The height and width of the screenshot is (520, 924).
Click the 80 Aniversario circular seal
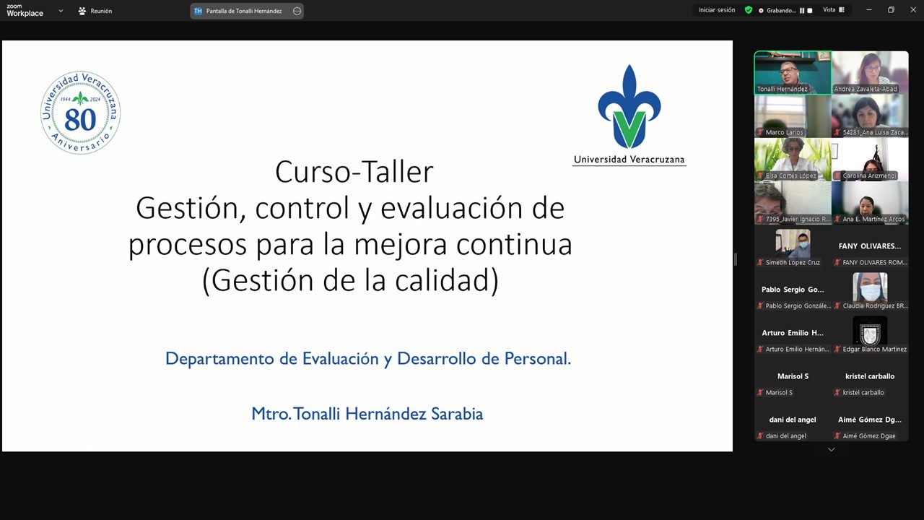80,113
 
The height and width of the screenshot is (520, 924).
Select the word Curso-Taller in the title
354,172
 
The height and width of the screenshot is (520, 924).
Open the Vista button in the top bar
833,10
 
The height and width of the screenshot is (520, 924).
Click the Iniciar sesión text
717,10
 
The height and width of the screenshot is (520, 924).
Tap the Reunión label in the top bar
101,11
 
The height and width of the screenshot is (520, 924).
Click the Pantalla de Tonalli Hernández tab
244,11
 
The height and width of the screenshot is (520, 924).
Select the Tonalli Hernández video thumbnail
792,71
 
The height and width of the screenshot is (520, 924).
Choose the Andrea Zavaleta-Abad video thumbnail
870,71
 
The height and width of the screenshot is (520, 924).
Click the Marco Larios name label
784,132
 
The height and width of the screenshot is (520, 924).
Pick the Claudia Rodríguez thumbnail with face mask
870,287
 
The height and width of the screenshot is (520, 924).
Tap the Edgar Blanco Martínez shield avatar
870,331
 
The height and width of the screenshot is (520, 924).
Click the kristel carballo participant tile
870,383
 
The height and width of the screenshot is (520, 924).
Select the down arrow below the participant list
831,449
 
